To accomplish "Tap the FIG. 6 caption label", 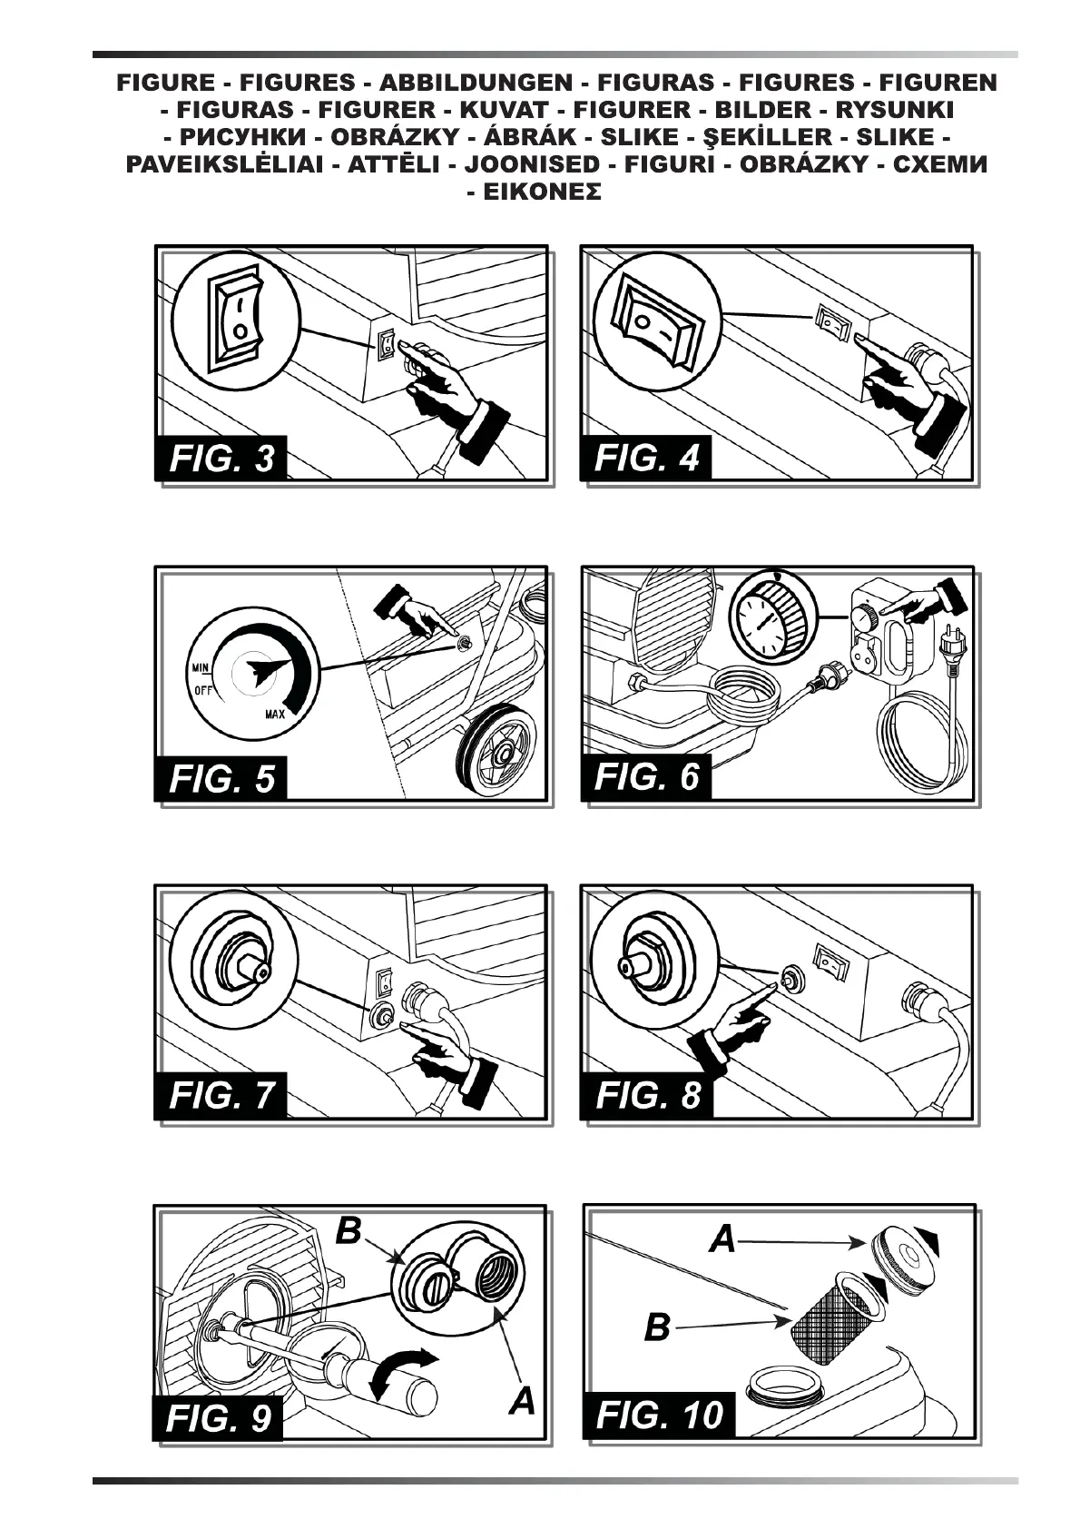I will pyautogui.click(x=647, y=777).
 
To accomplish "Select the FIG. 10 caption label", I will pyautogui.click(x=660, y=1415).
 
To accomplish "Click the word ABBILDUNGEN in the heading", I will pyautogui.click(x=476, y=83).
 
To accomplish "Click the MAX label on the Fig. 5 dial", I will pyautogui.click(x=276, y=713).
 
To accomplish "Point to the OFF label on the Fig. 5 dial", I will pyautogui.click(x=203, y=689).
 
